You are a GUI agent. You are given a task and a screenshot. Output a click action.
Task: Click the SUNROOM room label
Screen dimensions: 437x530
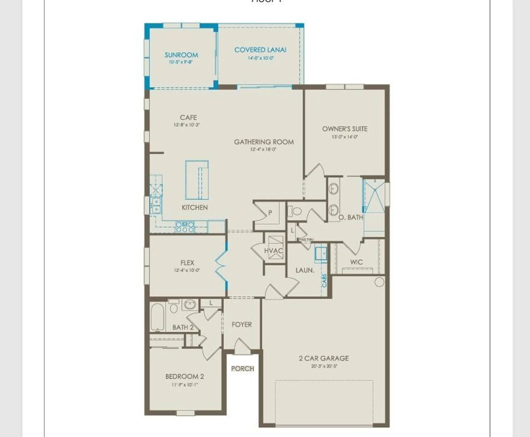coord(181,55)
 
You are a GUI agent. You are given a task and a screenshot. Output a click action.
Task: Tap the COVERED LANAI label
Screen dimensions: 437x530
coord(260,50)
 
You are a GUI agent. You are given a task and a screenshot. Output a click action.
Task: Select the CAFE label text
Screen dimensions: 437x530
coord(188,117)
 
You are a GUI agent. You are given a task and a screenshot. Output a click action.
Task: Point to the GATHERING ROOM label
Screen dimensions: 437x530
coord(264,142)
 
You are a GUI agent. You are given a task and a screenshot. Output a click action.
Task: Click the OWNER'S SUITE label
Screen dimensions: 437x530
coord(344,129)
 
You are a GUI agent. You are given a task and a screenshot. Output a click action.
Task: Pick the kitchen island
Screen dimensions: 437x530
coord(197,180)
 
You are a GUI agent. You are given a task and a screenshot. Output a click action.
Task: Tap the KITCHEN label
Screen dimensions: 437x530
coord(195,207)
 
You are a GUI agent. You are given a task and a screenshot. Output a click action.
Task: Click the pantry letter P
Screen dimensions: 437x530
coord(270,213)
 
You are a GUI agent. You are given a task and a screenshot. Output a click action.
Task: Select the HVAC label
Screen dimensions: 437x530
coord(273,251)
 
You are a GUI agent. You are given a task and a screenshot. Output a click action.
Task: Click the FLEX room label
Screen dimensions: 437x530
coord(187,263)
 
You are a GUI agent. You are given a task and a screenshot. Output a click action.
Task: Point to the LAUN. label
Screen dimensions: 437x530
coord(305,270)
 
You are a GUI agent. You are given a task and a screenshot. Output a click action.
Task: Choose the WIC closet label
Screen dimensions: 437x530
coord(356,262)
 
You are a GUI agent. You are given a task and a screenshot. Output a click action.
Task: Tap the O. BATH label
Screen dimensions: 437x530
coord(351,217)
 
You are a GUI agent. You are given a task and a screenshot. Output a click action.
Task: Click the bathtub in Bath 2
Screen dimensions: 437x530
coord(158,317)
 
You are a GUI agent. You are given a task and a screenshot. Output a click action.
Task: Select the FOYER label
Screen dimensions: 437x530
coord(242,325)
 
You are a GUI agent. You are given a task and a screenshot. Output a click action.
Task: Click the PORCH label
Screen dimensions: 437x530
coord(242,369)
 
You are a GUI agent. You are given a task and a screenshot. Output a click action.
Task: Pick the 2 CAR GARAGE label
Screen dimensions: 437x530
coord(324,358)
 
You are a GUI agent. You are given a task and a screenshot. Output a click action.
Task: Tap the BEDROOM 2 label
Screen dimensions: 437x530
coord(185,376)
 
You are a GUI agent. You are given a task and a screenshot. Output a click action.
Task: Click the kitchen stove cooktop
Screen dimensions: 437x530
coord(185,227)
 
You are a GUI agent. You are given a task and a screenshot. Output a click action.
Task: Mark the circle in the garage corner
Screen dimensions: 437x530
coord(379,282)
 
